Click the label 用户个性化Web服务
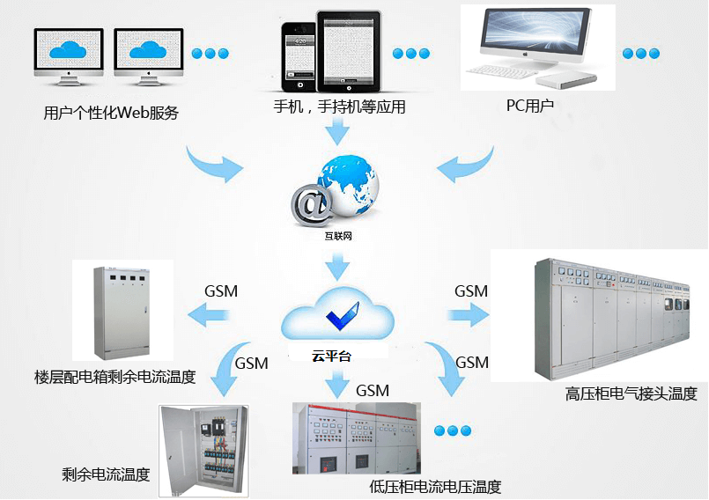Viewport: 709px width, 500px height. click(111, 113)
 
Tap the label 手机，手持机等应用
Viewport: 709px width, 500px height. click(339, 107)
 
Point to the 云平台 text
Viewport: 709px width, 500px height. click(330, 357)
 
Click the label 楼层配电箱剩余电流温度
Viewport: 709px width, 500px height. click(114, 378)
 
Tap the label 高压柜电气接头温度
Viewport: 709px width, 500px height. click(631, 393)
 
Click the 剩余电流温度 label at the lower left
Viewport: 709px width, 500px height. click(106, 474)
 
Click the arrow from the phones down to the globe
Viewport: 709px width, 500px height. click(337, 132)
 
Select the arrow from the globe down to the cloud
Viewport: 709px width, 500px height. click(337, 263)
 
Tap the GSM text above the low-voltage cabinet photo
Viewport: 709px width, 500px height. click(372, 390)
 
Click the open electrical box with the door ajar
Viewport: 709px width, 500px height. click(203, 448)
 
